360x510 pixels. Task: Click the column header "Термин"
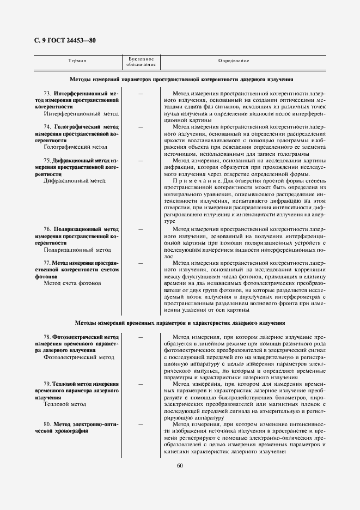78,60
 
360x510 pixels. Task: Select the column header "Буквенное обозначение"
141,62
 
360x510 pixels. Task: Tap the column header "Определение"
234,60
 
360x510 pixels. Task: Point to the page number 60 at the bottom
180,465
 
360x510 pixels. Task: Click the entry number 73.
47,94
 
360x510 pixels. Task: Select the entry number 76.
47,229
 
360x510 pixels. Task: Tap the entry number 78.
47,337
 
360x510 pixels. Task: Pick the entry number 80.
47,424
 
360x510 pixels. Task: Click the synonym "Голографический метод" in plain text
76,147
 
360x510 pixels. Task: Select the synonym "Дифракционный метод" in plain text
75,180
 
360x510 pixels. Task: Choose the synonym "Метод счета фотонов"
72,283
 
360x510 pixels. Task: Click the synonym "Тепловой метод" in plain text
65,404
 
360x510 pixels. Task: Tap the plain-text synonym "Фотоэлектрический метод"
79,357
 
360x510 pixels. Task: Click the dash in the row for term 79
141,384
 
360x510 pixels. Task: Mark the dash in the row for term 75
141,161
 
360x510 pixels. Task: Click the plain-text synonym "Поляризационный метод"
77,250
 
